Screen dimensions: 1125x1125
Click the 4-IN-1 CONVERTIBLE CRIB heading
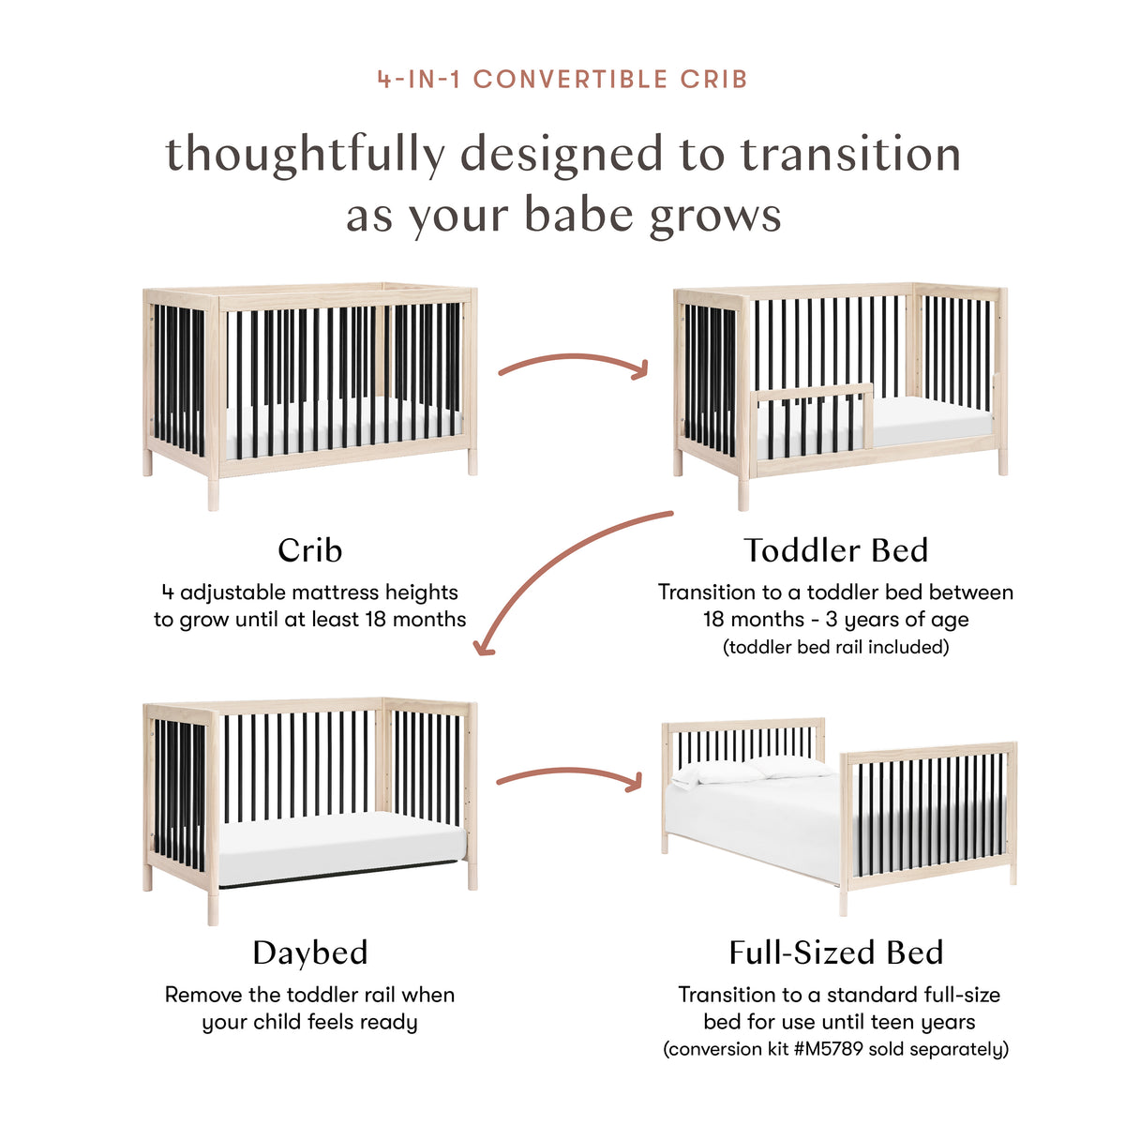562,79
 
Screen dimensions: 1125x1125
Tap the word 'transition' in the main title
850,155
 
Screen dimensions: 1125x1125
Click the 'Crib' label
309,550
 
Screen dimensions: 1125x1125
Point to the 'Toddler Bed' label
835,550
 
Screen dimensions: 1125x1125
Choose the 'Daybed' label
309,952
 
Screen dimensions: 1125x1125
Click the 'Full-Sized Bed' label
835,952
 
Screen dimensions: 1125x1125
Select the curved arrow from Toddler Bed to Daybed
562,572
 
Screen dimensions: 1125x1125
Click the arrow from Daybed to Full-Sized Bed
569,775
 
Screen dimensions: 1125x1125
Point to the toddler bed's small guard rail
814,394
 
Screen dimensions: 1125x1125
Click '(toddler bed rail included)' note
835,647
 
